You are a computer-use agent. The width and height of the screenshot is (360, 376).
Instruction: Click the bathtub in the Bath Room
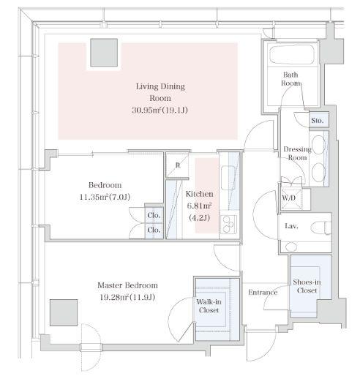[x=292, y=54]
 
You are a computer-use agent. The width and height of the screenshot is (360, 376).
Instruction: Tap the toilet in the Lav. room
[x=321, y=228]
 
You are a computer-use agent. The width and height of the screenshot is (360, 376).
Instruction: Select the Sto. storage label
[x=318, y=120]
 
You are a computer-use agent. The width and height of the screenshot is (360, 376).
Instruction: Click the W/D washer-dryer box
[x=291, y=199]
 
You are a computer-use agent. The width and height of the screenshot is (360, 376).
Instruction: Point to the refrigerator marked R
[x=177, y=165]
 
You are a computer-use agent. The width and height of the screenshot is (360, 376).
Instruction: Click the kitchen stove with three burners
[x=228, y=224]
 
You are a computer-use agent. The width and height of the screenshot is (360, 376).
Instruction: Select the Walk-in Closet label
[x=209, y=306]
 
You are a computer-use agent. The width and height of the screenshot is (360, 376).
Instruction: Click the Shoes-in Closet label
[x=307, y=286]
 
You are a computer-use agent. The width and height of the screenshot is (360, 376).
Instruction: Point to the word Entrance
[x=263, y=292]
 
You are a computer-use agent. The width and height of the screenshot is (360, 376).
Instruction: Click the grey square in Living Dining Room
[x=104, y=53]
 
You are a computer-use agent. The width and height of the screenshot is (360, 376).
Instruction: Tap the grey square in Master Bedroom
[x=64, y=312]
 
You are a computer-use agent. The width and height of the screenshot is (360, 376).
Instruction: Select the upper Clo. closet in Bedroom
[x=154, y=215]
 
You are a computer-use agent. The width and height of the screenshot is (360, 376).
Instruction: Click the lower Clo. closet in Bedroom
[x=154, y=230]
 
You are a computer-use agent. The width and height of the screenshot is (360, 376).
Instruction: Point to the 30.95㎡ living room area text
[x=160, y=110]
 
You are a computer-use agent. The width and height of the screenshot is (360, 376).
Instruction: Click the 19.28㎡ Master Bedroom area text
[x=127, y=297]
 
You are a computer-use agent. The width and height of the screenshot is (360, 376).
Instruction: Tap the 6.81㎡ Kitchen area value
[x=199, y=206]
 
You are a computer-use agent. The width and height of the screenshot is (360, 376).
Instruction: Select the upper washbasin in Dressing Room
[x=318, y=145]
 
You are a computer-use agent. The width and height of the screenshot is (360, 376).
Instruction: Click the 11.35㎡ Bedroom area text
[x=105, y=197]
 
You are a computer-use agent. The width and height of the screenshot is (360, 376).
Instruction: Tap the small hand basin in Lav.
[x=290, y=247]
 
